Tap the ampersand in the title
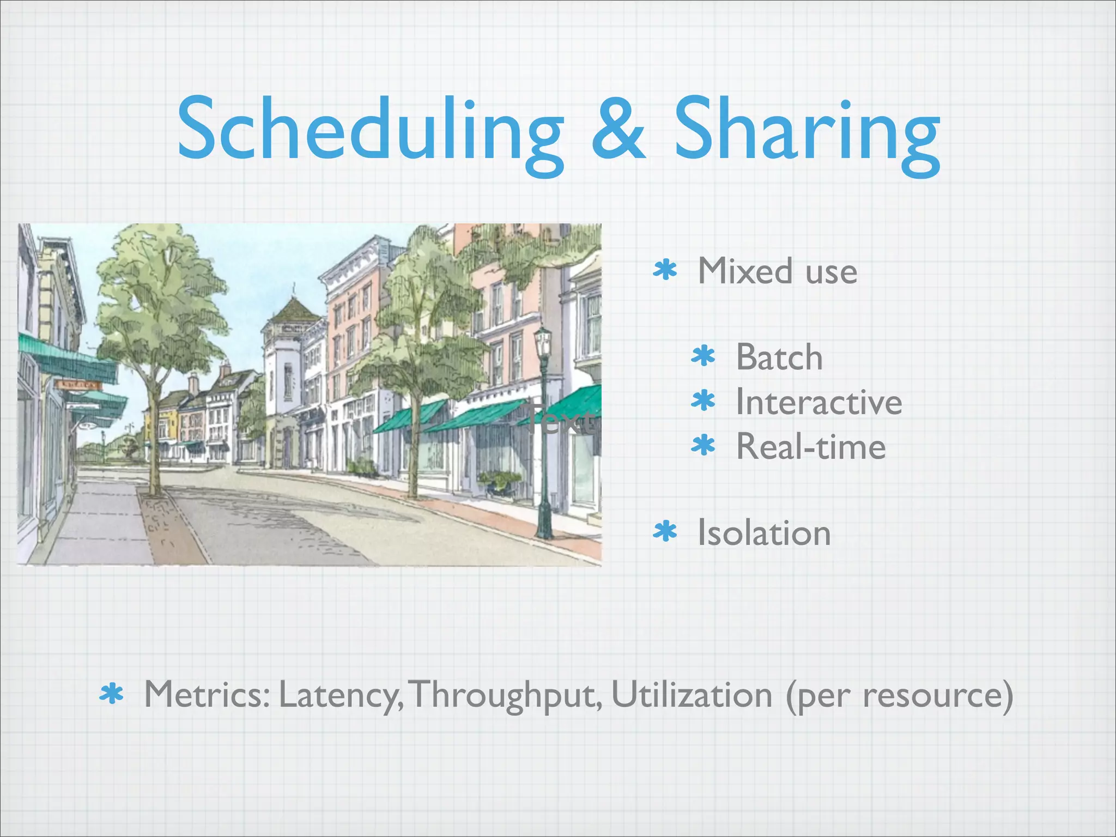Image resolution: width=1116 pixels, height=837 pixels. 618,131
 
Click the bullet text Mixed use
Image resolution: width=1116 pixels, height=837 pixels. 777,271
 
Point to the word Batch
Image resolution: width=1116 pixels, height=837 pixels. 779,357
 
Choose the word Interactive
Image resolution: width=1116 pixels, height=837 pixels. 818,402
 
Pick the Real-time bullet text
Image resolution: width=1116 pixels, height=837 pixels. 810,447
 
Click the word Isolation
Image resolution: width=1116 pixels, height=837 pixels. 764,533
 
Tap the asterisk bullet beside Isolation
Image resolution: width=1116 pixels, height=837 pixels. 665,532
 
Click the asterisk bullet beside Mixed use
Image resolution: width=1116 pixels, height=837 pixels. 665,270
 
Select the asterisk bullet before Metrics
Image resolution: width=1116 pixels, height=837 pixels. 112,695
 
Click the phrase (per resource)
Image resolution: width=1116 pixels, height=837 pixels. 899,696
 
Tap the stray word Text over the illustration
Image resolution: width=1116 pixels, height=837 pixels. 561,420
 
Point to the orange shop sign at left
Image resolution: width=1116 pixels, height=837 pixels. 80,385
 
